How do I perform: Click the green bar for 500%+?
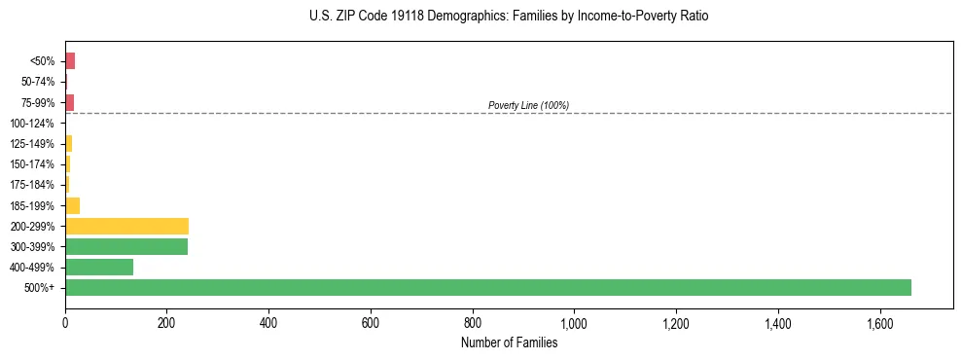(x=487, y=287)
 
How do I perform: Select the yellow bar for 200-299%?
(x=126, y=226)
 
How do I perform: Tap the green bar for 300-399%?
(x=126, y=246)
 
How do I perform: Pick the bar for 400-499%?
(x=98, y=267)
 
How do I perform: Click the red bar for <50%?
(x=70, y=61)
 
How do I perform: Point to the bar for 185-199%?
(x=72, y=205)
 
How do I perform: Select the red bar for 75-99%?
(x=69, y=102)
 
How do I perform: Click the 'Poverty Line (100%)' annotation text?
(x=528, y=105)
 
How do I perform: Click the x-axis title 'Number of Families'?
(x=509, y=342)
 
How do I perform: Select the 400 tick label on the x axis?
(x=268, y=323)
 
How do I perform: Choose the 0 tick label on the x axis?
(x=65, y=323)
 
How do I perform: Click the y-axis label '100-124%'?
(x=33, y=124)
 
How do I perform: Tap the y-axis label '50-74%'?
(x=38, y=82)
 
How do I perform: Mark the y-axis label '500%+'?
(x=42, y=288)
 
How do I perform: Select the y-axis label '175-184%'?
(x=33, y=185)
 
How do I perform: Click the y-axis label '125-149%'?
(x=33, y=144)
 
